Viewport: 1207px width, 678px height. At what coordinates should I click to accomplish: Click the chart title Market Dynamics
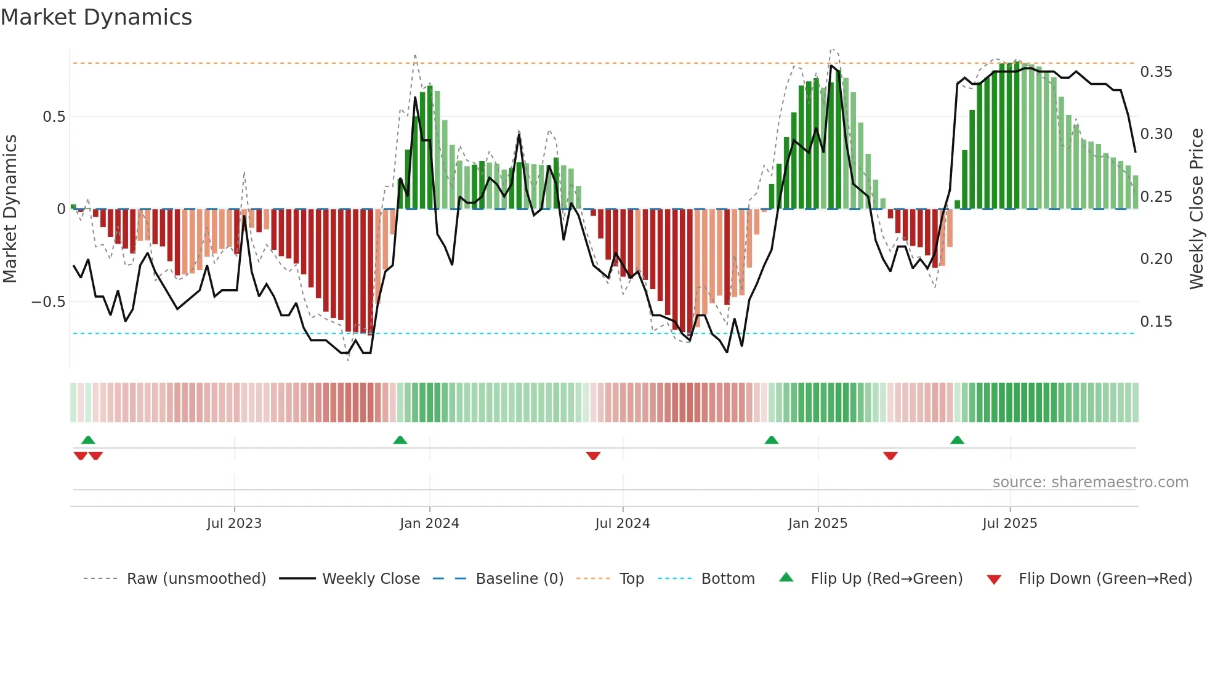[96, 17]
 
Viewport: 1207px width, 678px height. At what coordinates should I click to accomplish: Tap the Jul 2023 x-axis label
[234, 524]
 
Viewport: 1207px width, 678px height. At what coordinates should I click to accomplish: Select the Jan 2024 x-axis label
[429, 524]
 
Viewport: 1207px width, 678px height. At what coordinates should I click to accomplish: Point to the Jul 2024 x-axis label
[622, 524]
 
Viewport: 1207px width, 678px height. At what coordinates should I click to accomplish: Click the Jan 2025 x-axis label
[817, 524]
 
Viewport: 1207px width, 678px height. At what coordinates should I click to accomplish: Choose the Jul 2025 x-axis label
[1009, 524]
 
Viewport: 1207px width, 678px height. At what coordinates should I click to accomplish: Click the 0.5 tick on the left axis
[54, 117]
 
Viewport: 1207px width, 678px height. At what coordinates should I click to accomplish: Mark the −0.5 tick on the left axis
[48, 302]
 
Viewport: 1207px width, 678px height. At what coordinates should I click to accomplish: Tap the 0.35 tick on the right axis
[1156, 72]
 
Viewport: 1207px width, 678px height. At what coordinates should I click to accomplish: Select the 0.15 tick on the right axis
[1156, 322]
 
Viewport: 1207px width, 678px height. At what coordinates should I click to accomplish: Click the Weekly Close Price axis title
[1196, 209]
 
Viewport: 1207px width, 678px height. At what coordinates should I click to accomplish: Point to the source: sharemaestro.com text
[1090, 482]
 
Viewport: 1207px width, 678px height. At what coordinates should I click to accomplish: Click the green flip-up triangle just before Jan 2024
[400, 440]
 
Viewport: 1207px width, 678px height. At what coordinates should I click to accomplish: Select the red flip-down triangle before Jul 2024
[593, 456]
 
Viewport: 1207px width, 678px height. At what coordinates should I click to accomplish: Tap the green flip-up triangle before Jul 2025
[957, 440]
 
